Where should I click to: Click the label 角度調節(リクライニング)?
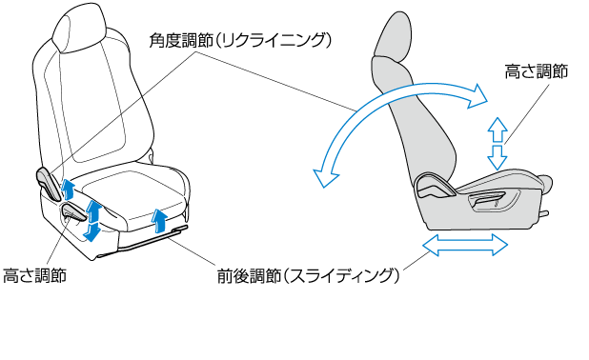click(240, 40)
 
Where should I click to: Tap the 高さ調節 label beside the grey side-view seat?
click(536, 71)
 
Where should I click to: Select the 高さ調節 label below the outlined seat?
click(34, 275)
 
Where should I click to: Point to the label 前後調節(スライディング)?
click(308, 276)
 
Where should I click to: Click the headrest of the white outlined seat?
click(79, 29)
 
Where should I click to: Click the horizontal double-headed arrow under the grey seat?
click(465, 245)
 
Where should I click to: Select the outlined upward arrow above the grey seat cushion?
click(498, 130)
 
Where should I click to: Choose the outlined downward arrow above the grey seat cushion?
click(498, 158)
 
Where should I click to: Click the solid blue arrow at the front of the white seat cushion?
click(160, 221)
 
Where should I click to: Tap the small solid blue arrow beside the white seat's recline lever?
click(68, 189)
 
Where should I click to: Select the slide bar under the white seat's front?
click(153, 239)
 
